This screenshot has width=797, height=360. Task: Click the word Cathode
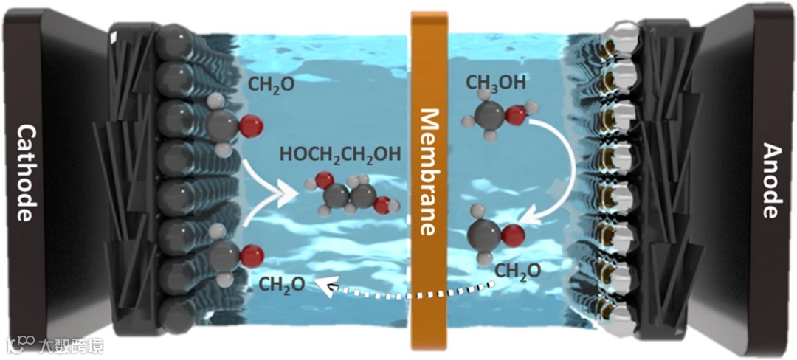point(24,173)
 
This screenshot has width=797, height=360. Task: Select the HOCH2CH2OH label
point(340,155)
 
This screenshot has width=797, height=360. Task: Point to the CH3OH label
point(496,83)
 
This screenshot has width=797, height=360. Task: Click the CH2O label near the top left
point(270,84)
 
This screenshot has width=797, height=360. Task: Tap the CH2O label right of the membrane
point(517,271)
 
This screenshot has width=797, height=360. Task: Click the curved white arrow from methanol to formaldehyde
point(568,170)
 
